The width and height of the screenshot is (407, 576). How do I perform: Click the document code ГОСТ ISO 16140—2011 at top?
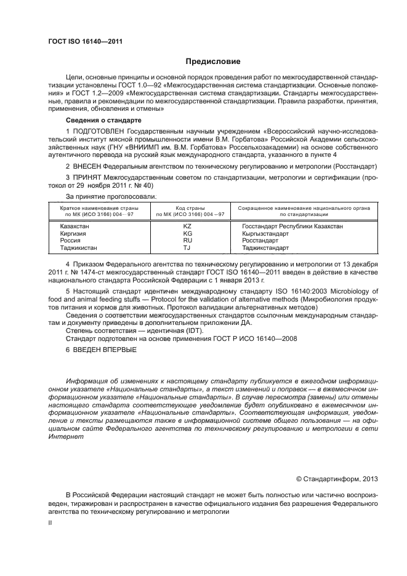85,41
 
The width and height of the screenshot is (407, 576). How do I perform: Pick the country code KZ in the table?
188,226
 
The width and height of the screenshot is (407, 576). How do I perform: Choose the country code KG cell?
188,234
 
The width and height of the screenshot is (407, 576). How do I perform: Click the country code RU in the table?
188,241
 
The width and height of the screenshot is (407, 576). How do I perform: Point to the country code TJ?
188,248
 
